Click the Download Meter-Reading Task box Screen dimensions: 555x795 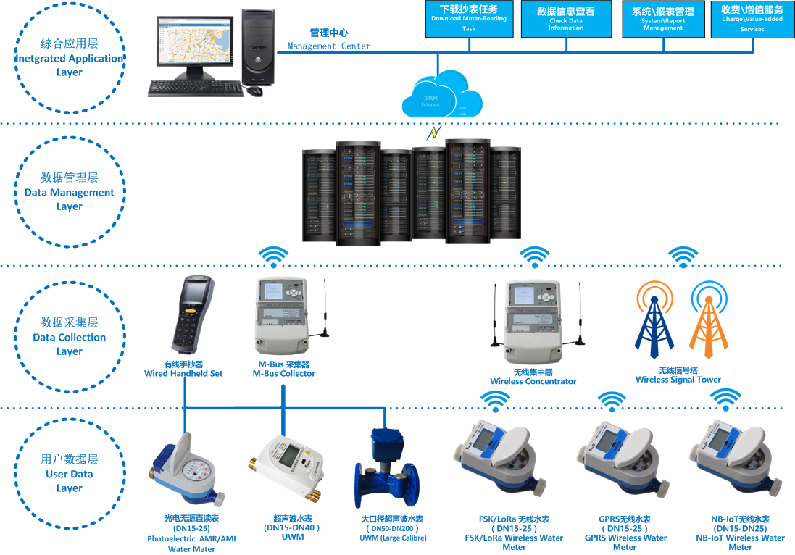pyautogui.click(x=469, y=19)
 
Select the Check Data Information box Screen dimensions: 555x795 pyautogui.click(x=565, y=19)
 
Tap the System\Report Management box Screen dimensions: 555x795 pyautogui.click(x=662, y=19)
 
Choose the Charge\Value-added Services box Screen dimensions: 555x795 pyautogui.click(x=752, y=19)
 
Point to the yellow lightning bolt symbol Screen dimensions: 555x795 pyautogui.click(x=435, y=133)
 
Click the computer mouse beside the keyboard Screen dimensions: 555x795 pyautogui.click(x=254, y=91)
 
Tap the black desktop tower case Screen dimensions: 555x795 pyautogui.click(x=259, y=46)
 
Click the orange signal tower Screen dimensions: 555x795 pyautogui.click(x=708, y=323)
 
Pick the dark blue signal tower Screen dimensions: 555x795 pyautogui.click(x=654, y=323)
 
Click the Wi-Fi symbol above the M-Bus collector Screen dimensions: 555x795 pyautogui.click(x=274, y=257)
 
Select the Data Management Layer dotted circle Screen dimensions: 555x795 pyautogui.click(x=70, y=192)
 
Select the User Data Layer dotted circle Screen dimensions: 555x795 pyautogui.click(x=70, y=474)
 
